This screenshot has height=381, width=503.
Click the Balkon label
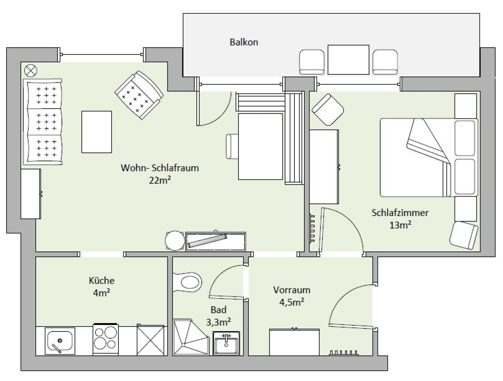[244, 42]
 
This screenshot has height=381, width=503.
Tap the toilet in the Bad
[187, 282]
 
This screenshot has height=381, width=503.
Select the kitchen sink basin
[60, 341]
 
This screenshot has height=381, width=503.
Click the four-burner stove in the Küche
[106, 339]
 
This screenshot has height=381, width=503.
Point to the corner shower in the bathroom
[191, 337]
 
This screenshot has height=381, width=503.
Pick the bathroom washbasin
[226, 343]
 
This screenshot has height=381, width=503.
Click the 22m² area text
[160, 180]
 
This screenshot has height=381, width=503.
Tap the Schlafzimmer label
[400, 213]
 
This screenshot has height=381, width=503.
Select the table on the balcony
[348, 60]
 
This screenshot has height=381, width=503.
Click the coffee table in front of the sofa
[97, 132]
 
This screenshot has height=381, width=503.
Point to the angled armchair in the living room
[139, 95]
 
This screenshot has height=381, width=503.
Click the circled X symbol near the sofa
[31, 70]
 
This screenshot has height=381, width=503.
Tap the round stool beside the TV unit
[175, 240]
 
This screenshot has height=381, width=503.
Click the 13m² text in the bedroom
[400, 225]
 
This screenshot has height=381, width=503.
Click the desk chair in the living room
[232, 146]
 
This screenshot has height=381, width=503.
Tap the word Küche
[102, 280]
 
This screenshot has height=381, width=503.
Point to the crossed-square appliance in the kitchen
[150, 340]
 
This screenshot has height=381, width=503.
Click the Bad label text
[219, 310]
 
